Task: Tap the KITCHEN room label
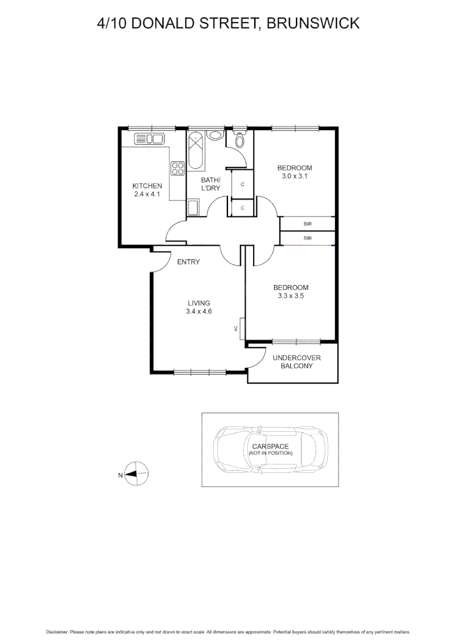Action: tap(147, 186)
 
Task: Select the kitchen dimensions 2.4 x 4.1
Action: tap(147, 194)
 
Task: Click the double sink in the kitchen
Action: tap(149, 140)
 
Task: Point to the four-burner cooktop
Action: tap(177, 169)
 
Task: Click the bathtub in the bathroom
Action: tap(196, 151)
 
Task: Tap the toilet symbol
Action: tap(239, 140)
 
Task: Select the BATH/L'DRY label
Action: tap(210, 184)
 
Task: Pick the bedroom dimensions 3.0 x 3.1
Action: tap(294, 176)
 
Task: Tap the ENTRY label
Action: tap(188, 262)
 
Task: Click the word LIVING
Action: tap(199, 303)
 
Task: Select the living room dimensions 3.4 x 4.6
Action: tap(199, 311)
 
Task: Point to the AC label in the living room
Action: tap(236, 329)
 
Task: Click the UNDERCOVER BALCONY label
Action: tap(297, 362)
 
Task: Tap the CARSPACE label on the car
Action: tap(270, 446)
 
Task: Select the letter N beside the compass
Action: tap(120, 475)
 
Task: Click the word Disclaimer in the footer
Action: tap(57, 631)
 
